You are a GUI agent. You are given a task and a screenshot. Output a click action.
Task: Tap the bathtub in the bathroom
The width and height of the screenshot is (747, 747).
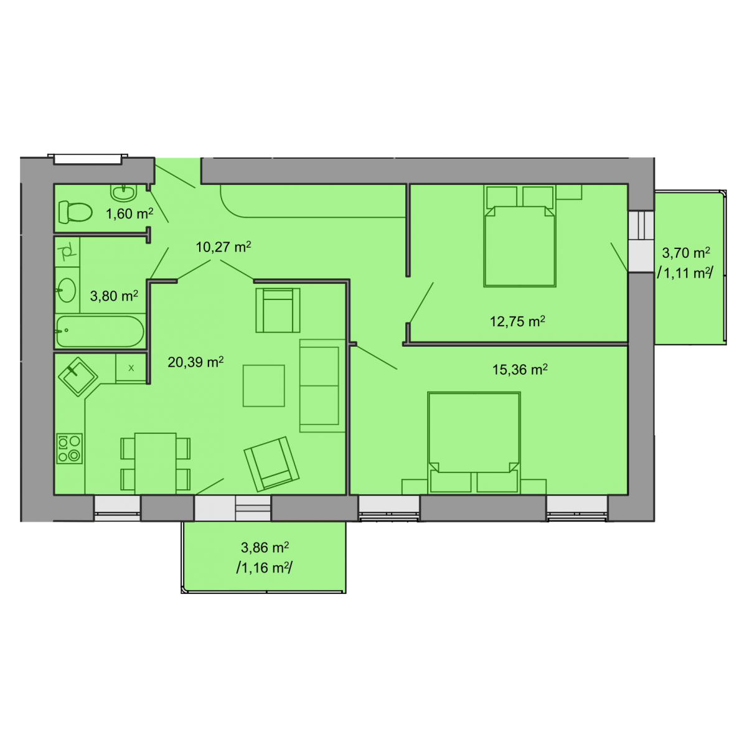pyautogui.click(x=100, y=331)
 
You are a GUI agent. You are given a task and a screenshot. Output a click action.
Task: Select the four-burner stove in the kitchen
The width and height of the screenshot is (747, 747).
pyautogui.click(x=69, y=448)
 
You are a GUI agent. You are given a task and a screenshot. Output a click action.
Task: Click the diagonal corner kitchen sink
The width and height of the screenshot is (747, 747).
pyautogui.click(x=78, y=377)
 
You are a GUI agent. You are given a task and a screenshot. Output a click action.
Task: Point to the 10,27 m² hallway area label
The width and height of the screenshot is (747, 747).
pyautogui.click(x=223, y=247)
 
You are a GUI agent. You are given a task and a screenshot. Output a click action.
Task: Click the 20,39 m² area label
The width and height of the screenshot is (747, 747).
pyautogui.click(x=195, y=362)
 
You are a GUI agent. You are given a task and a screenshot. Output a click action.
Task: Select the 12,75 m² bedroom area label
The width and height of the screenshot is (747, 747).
pyautogui.click(x=517, y=321)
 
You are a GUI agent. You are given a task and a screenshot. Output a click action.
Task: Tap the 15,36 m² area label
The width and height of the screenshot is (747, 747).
pyautogui.click(x=519, y=369)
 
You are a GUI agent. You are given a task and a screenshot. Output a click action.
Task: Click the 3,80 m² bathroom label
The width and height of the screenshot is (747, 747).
pyautogui.click(x=114, y=296)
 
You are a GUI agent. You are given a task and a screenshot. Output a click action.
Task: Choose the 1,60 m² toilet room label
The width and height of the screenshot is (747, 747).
pyautogui.click(x=129, y=214)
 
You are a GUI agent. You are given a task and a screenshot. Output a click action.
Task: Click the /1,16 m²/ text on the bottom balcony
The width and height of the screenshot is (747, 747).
pyautogui.click(x=264, y=568)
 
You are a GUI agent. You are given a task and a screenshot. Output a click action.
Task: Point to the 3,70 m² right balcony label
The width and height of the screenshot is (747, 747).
pyautogui.click(x=686, y=253)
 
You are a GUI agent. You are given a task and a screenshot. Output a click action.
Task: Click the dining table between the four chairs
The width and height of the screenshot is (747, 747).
pyautogui.click(x=156, y=463)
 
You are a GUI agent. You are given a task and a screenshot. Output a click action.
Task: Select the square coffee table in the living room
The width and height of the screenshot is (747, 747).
pyautogui.click(x=263, y=386)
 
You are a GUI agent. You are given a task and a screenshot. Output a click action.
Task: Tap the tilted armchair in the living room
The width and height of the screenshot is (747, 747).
pyautogui.click(x=271, y=464)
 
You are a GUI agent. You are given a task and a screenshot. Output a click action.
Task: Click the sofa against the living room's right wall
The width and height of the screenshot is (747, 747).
pyautogui.click(x=322, y=386)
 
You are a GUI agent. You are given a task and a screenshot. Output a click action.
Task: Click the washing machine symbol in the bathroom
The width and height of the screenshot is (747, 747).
pyautogui.click(x=67, y=251)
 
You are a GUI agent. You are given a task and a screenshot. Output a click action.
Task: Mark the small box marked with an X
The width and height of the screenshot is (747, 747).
pyautogui.click(x=131, y=368)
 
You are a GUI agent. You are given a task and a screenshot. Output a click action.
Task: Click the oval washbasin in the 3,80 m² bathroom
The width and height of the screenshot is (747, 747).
pyautogui.click(x=66, y=289)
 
